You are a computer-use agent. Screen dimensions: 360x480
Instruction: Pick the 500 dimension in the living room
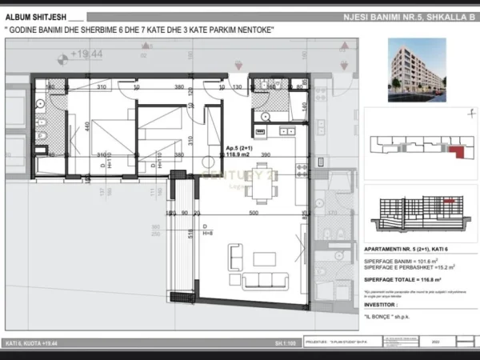[253, 214]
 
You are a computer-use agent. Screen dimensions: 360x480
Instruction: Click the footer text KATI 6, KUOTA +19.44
[32, 343]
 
